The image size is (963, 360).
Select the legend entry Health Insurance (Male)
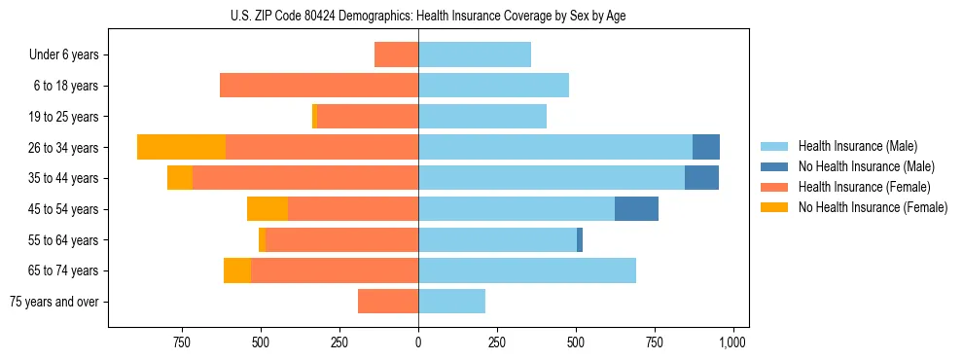tap(856, 146)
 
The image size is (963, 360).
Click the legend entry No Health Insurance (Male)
tap(866, 166)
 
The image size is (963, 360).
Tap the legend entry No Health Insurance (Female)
tap(873, 207)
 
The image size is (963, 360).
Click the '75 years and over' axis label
tap(54, 302)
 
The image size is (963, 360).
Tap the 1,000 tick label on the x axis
tap(731, 342)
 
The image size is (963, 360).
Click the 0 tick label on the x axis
tap(418, 342)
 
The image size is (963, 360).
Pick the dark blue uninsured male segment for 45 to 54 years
tap(636, 209)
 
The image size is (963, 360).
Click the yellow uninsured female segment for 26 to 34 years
tap(181, 147)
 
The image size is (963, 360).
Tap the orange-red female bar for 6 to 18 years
tap(319, 86)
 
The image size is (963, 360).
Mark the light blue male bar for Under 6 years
tap(475, 54)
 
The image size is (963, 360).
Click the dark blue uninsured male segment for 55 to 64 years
tap(580, 239)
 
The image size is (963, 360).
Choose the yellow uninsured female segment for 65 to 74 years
tap(237, 270)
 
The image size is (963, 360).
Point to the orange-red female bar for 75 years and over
tap(388, 302)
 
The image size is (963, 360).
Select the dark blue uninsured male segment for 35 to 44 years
tap(701, 178)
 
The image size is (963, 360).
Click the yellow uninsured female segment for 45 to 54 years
tap(267, 209)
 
